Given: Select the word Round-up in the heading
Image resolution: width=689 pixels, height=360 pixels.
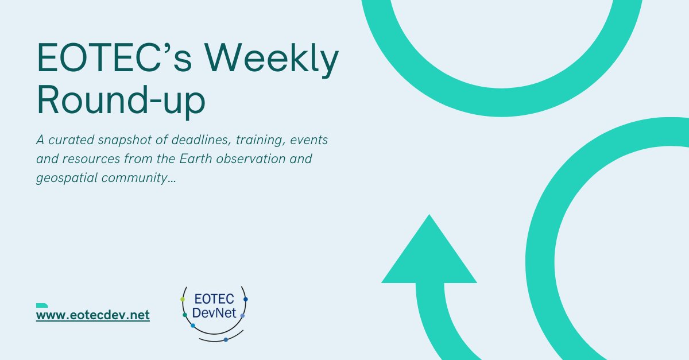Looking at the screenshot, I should [x=121, y=102].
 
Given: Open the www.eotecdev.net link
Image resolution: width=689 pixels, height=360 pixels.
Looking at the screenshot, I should [x=92, y=315].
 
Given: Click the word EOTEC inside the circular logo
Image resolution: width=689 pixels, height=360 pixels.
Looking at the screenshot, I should [x=214, y=300].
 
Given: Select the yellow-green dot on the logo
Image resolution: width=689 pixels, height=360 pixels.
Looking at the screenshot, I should [x=183, y=299].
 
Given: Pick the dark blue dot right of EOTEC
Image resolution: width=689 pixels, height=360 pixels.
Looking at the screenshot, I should [x=246, y=299].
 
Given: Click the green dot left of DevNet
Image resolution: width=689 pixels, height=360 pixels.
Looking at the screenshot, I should [x=185, y=315].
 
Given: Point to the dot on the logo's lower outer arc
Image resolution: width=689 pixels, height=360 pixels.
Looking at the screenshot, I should [x=226, y=340].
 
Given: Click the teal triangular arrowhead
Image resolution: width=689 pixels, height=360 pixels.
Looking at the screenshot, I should [x=429, y=253].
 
